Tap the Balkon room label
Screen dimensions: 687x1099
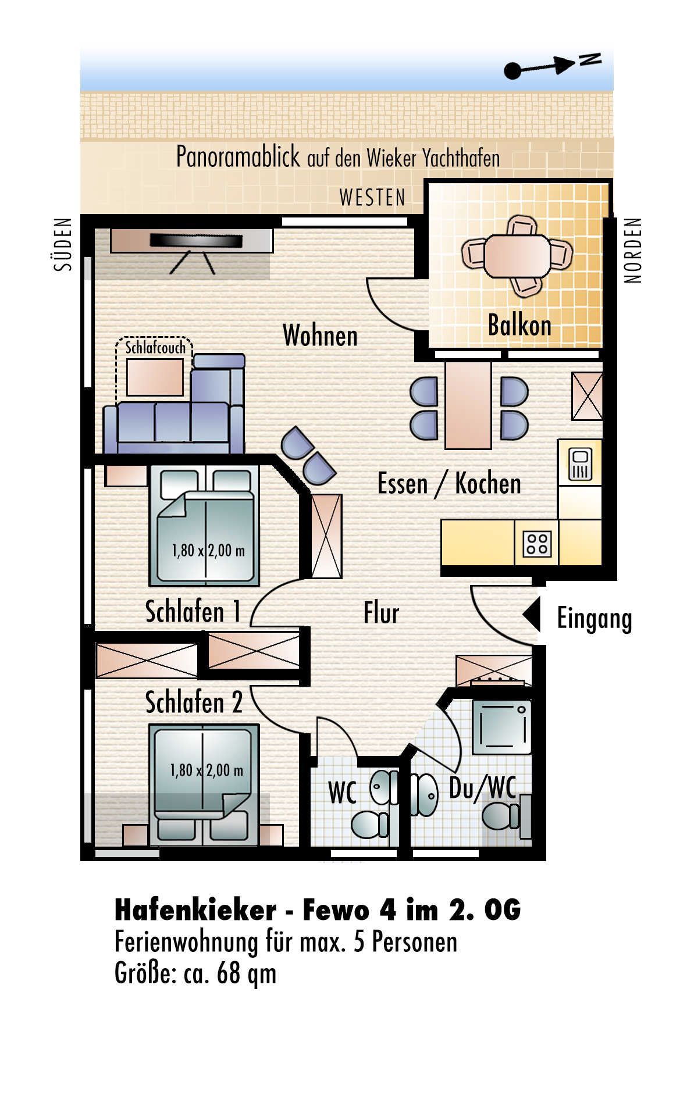(519, 324)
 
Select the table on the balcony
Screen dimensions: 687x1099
(517, 256)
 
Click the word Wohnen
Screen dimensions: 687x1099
(320, 336)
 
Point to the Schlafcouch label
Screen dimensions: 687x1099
(155, 348)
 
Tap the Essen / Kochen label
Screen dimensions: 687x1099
(449, 483)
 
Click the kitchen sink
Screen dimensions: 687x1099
(581, 464)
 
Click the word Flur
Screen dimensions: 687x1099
(381, 613)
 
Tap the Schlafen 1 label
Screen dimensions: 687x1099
(193, 612)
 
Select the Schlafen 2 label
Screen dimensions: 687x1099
(194, 702)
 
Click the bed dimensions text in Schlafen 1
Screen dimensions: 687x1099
(208, 550)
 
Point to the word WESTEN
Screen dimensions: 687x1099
(372, 198)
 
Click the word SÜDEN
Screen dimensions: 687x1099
(63, 244)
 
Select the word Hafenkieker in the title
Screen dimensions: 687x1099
(195, 910)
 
